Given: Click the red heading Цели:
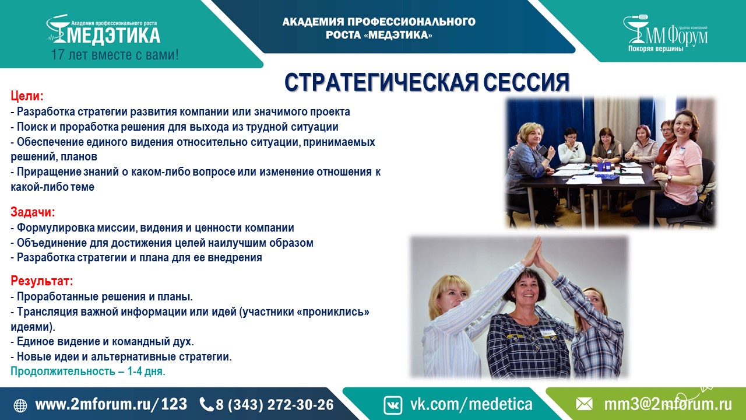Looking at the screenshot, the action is (x=27, y=96).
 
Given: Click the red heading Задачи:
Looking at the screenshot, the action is (x=33, y=212).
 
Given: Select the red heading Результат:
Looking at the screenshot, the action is (x=41, y=281).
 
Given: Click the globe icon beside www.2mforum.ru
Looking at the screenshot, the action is (x=20, y=405).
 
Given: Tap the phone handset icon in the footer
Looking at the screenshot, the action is (x=206, y=405).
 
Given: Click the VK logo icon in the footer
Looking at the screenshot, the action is (x=393, y=405).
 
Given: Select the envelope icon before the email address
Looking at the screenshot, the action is (x=584, y=404).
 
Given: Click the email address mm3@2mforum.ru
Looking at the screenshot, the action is (x=668, y=404).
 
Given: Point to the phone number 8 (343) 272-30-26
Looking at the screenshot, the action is (x=275, y=405).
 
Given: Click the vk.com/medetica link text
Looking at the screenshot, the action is (x=471, y=404).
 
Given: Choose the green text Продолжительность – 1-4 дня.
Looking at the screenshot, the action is (x=88, y=372).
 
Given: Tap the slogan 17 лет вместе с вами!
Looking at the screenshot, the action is (x=115, y=55).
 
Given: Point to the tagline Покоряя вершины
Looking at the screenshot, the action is (x=656, y=48).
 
